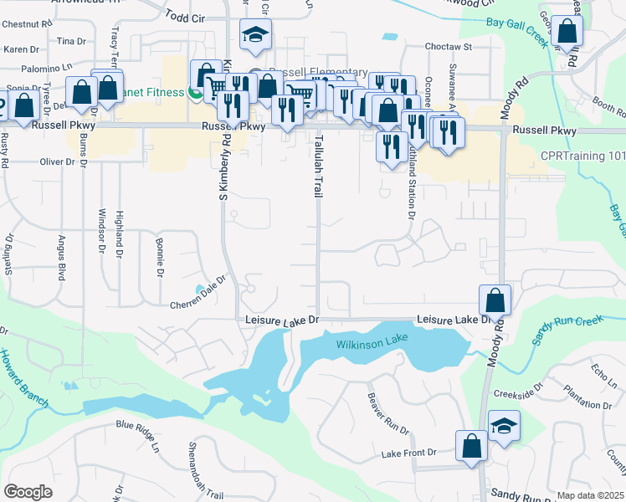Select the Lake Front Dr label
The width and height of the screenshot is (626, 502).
pyautogui.click(x=409, y=453)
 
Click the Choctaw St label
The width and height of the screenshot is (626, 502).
pyautogui.click(x=449, y=47)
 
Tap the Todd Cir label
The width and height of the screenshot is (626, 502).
pyautogui.click(x=185, y=16)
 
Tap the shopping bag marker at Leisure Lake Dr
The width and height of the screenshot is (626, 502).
pyautogui.click(x=495, y=300)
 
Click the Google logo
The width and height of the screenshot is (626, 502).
pyautogui.click(x=28, y=492)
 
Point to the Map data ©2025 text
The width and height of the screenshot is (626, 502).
pyautogui.click(x=590, y=495)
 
